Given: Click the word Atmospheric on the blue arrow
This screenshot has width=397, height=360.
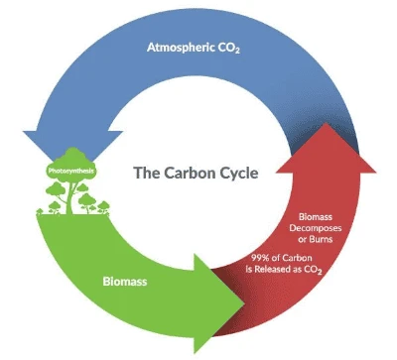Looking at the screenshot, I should pyautogui.click(x=181, y=47).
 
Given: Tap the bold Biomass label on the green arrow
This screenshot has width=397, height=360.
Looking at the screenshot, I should pyautogui.click(x=126, y=282).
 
